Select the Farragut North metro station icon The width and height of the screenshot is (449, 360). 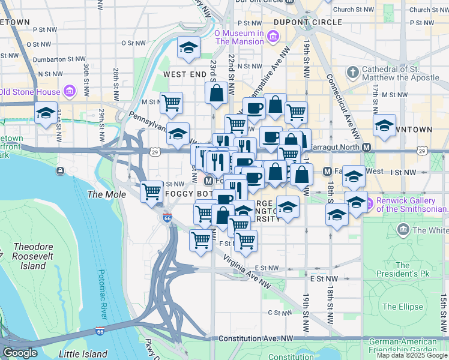[x=366, y=147]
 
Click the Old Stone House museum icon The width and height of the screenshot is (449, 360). [x=70, y=92]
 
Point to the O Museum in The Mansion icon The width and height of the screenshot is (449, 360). [x=273, y=37]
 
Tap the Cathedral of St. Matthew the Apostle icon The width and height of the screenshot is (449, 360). [x=353, y=73]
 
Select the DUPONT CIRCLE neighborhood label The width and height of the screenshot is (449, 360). [x=299, y=22]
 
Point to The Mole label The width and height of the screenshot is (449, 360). [x=107, y=194]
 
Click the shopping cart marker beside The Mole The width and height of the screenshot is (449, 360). [x=151, y=191]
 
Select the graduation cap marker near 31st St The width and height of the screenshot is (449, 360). [x=46, y=113]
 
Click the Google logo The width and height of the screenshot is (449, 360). [x=20, y=353]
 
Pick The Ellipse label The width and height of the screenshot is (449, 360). [x=402, y=307]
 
